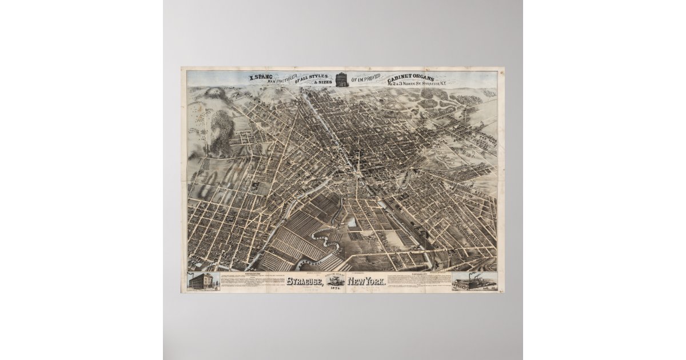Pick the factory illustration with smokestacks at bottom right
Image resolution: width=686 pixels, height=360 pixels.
[x=473, y=283]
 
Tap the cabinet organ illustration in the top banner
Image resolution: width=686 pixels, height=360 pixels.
[x=341, y=79]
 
